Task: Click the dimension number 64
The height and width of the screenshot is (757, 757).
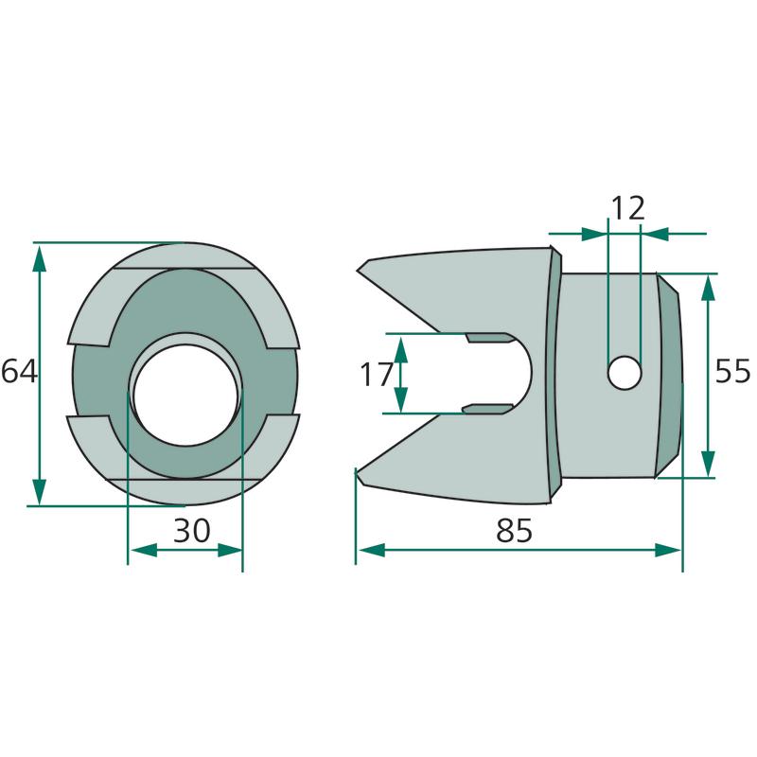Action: tap(19, 372)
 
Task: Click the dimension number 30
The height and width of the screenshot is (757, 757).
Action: tap(192, 530)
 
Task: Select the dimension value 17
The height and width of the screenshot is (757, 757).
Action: tap(376, 374)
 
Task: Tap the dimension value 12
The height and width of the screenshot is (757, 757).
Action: tap(627, 208)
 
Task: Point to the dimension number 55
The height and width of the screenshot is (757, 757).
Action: tap(732, 371)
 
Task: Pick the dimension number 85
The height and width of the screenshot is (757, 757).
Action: tap(514, 530)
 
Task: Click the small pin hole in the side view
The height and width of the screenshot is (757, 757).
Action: tap(625, 372)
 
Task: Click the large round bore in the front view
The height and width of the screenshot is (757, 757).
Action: tap(185, 396)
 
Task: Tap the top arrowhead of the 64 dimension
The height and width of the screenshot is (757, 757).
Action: tap(40, 258)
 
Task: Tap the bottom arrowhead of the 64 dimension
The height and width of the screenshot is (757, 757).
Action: tap(40, 490)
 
